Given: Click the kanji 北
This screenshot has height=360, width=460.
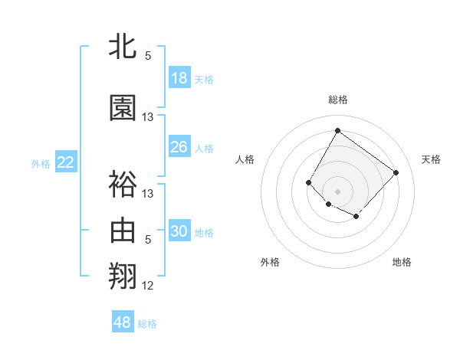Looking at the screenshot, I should point(123,47).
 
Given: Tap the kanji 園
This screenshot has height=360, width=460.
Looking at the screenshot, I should point(123,108).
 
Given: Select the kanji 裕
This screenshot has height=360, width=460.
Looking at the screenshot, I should point(123,183).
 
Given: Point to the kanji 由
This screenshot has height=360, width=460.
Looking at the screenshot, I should point(123,230).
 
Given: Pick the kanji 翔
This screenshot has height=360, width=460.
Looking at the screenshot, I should point(123,277).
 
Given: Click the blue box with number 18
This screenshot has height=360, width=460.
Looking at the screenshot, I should point(179,78).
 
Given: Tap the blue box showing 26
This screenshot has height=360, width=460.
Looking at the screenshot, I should point(179,147).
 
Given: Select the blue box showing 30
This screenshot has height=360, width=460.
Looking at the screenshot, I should point(179,232).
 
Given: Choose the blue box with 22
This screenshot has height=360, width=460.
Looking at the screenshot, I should point(66,162).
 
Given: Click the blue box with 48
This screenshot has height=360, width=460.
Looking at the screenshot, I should point(123,322).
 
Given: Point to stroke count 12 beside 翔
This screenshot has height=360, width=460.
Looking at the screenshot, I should point(148,286).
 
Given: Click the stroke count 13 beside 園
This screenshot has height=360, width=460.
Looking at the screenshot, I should point(148,117).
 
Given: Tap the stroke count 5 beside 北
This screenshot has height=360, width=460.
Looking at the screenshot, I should point(148,56).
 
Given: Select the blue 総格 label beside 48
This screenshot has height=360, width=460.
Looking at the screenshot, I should point(148,324).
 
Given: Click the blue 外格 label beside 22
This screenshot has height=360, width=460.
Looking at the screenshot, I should point(41,163).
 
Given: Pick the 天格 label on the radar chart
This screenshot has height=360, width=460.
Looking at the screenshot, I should point(431,159).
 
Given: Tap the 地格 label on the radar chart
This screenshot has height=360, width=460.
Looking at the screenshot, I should point(402,262).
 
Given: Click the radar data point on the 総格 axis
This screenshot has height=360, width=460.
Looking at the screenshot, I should point(337,130).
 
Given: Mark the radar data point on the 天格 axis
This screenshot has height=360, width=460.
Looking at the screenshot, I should point(396,172).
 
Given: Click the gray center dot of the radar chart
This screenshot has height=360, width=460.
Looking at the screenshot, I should point(337,191).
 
